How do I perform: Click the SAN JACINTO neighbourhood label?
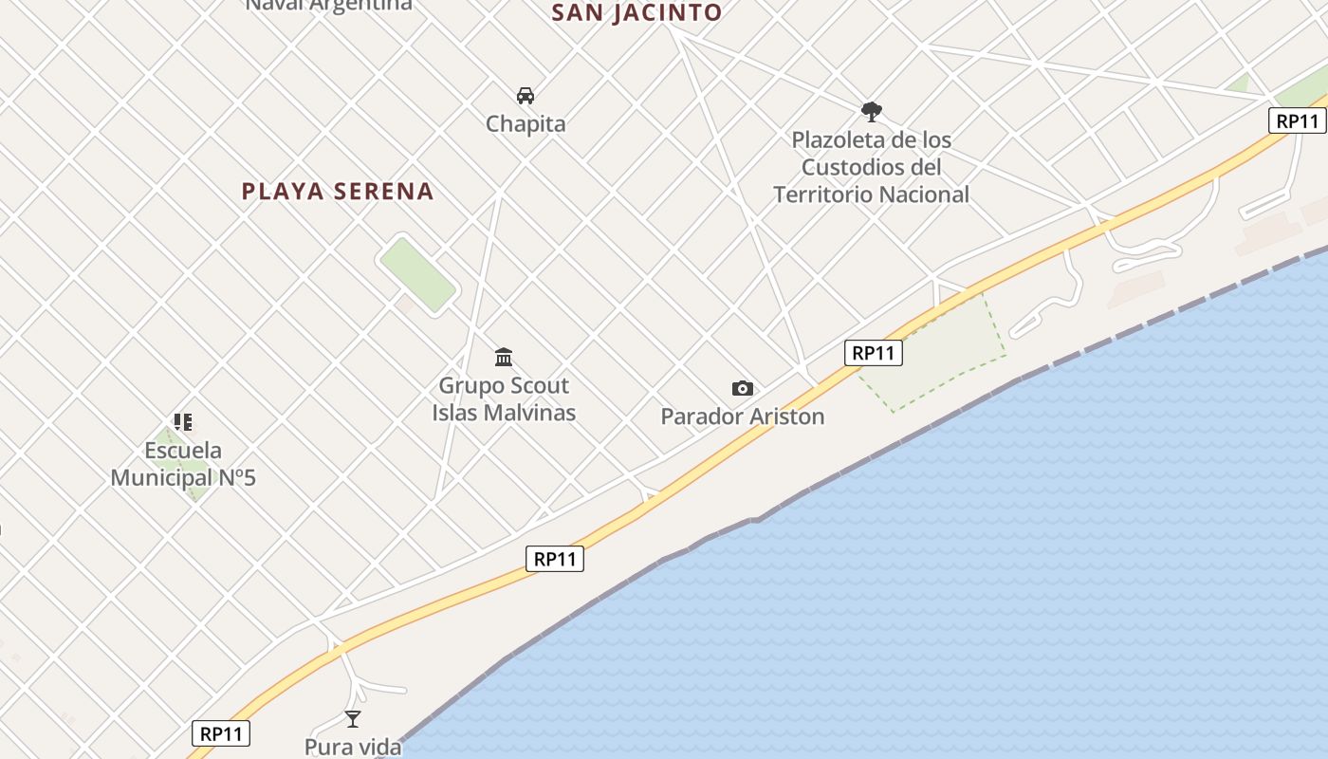pos(636,12)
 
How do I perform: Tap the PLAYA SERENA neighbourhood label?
pos(338,191)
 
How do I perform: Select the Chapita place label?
pos(526,123)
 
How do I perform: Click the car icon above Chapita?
pos(526,95)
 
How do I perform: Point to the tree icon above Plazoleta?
pos(871,112)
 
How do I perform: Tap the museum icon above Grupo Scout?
pos(504,358)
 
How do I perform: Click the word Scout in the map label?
pos(538,385)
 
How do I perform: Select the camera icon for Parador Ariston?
pos(742,388)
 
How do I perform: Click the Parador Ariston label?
pos(742,417)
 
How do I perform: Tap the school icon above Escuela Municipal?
pos(183,422)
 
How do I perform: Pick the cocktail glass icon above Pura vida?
pos(353,719)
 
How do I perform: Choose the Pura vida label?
pos(353,747)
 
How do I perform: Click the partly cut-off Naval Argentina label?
pos(329,5)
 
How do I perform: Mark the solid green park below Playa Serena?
pos(417,274)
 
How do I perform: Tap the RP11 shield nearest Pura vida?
pos(222,733)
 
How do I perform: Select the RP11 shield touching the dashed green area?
pos(873,353)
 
